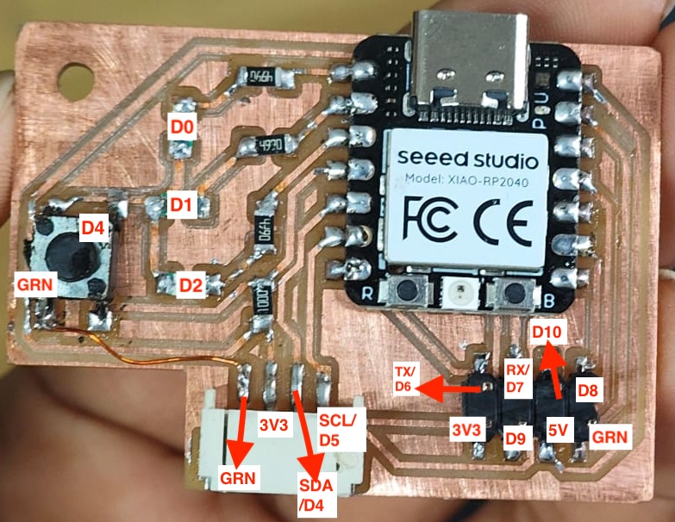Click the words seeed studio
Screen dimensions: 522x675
pos(467,159)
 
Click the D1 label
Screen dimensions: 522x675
pos(183,205)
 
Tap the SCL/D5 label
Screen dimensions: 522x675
pos(342,429)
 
